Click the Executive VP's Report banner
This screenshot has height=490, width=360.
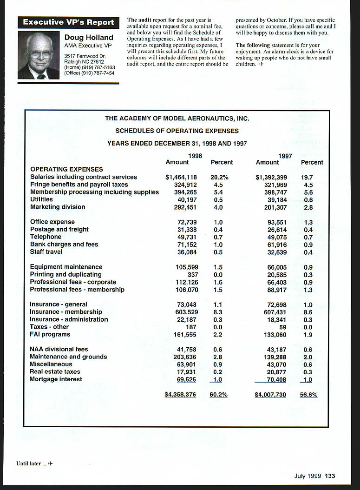click(x=68, y=22)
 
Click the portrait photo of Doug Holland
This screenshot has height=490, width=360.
click(x=39, y=55)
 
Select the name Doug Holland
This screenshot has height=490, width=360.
click(x=89, y=37)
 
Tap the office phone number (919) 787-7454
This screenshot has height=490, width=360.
click(x=98, y=73)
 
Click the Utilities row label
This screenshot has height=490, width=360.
click(x=41, y=199)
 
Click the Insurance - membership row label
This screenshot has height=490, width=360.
click(x=66, y=312)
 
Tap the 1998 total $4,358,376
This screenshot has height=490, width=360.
click(x=180, y=395)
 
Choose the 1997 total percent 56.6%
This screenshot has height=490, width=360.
click(x=308, y=395)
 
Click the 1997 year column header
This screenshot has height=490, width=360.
click(x=285, y=156)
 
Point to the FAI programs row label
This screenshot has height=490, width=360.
click(x=50, y=334)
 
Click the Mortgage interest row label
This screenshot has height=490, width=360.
click(x=56, y=379)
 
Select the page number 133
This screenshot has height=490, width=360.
click(x=330, y=476)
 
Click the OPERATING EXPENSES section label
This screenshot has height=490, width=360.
click(x=66, y=169)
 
